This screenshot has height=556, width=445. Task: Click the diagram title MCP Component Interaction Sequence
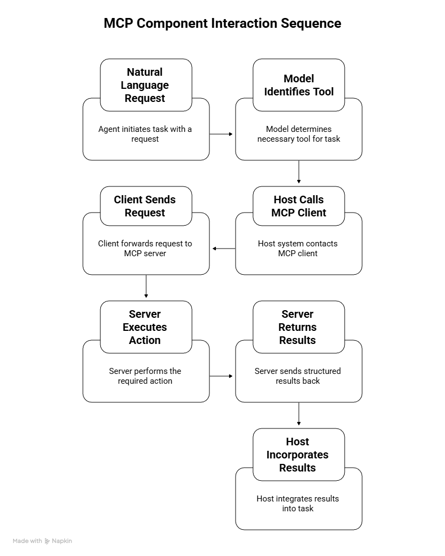pyautogui.click(x=222, y=23)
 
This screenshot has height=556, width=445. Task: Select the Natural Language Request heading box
pyautogui.click(x=146, y=85)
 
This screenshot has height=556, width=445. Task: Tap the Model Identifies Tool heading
pyautogui.click(x=298, y=85)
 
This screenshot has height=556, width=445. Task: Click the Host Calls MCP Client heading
pyautogui.click(x=298, y=206)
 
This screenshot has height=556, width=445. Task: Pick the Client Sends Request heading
pyautogui.click(x=146, y=206)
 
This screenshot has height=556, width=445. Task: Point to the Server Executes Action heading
pyautogui.click(x=146, y=327)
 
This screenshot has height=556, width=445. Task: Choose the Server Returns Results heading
pyautogui.click(x=298, y=327)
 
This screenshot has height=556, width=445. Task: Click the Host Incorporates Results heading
pyautogui.click(x=298, y=455)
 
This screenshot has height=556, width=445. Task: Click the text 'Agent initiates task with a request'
pyautogui.click(x=145, y=134)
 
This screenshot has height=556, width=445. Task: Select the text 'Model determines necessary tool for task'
pyautogui.click(x=298, y=134)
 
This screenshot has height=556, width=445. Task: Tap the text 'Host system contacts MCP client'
pyautogui.click(x=298, y=249)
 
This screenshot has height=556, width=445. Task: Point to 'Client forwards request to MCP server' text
pyautogui.click(x=145, y=249)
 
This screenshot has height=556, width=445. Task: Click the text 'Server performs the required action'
pyautogui.click(x=145, y=376)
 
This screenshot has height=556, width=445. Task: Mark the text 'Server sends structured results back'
pyautogui.click(x=298, y=376)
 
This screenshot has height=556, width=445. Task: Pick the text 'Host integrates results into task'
pyautogui.click(x=298, y=504)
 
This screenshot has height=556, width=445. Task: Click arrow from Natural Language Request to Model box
pyautogui.click(x=221, y=134)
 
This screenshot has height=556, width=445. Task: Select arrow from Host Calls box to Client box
pyautogui.click(x=224, y=249)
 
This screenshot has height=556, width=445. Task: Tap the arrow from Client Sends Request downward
pyautogui.click(x=146, y=286)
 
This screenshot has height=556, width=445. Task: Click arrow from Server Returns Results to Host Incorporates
pyautogui.click(x=299, y=414)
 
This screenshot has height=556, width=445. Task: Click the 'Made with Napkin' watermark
pyautogui.click(x=43, y=541)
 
